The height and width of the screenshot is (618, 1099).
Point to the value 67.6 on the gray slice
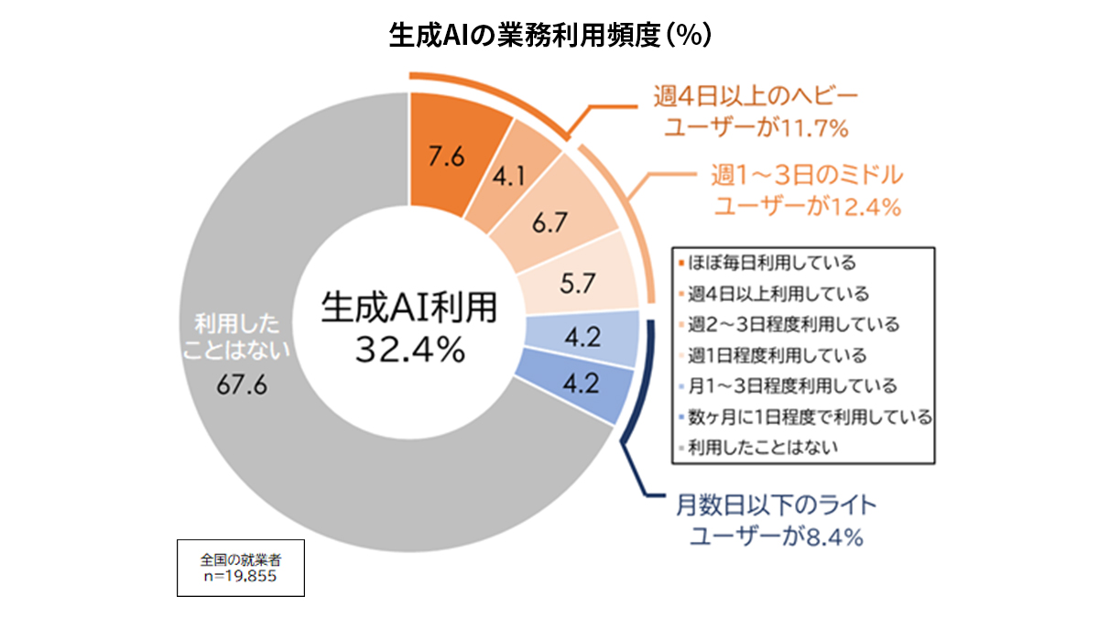pyautogui.click(x=242, y=385)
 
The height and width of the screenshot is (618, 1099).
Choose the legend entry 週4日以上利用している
pyautogui.click(x=776, y=294)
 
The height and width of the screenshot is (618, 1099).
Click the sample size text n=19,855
pyautogui.click(x=239, y=577)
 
